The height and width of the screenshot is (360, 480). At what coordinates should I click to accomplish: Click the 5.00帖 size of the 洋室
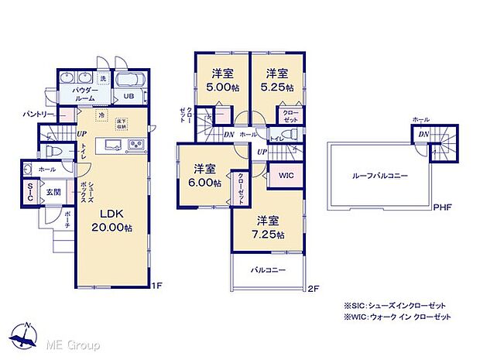(224, 87)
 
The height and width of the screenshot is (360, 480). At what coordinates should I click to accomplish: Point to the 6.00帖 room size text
(206, 183)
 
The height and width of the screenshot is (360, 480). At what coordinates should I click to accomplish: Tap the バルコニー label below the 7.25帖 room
(268, 271)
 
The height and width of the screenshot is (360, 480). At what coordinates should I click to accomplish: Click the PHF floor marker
(443, 207)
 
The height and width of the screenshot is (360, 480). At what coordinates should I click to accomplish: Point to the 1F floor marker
(156, 285)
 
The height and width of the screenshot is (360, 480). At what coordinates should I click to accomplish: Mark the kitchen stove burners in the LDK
(135, 146)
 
